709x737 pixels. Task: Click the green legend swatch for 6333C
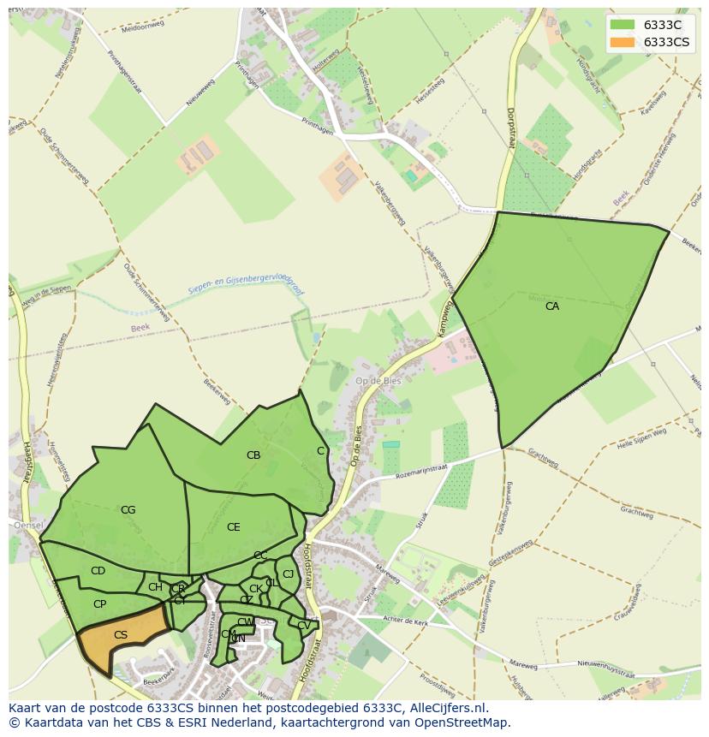coord(623,25)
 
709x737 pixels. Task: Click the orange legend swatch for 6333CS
coord(623,42)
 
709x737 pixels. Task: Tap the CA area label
coord(552,306)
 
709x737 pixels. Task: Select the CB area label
coord(253,455)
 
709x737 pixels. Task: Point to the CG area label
coord(128,510)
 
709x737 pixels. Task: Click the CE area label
coord(234,527)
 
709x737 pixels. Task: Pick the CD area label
coord(98,571)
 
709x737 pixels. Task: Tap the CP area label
coord(99,604)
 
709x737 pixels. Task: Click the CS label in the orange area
coord(121,635)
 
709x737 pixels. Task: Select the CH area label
coord(155,587)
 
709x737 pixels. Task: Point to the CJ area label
coord(288,574)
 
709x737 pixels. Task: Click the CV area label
coord(304,626)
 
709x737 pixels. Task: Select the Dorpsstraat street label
coord(510,128)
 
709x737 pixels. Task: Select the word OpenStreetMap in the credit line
coord(466,722)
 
